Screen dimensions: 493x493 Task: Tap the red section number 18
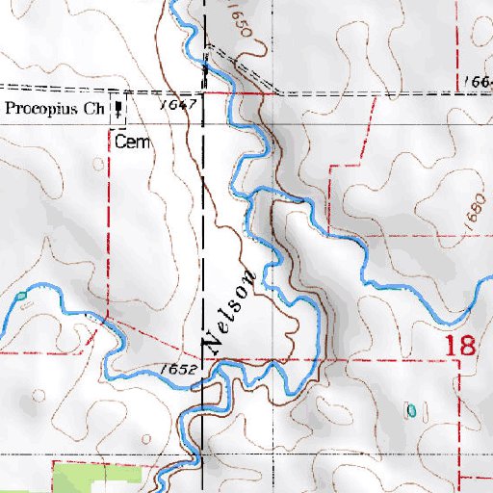pos(459,346)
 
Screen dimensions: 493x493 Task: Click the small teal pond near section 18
pos(412,410)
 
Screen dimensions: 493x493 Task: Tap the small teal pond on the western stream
pos(20,295)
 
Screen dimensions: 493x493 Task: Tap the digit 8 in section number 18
pos(467,346)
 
